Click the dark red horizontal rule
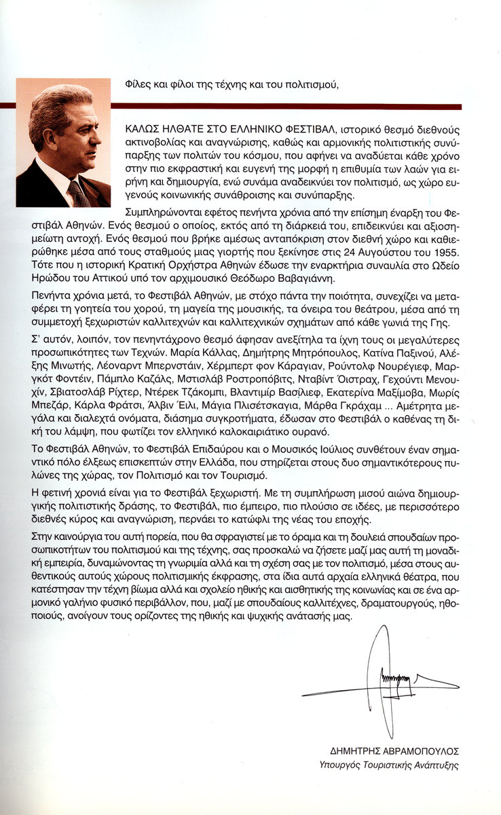click(x=285, y=106)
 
